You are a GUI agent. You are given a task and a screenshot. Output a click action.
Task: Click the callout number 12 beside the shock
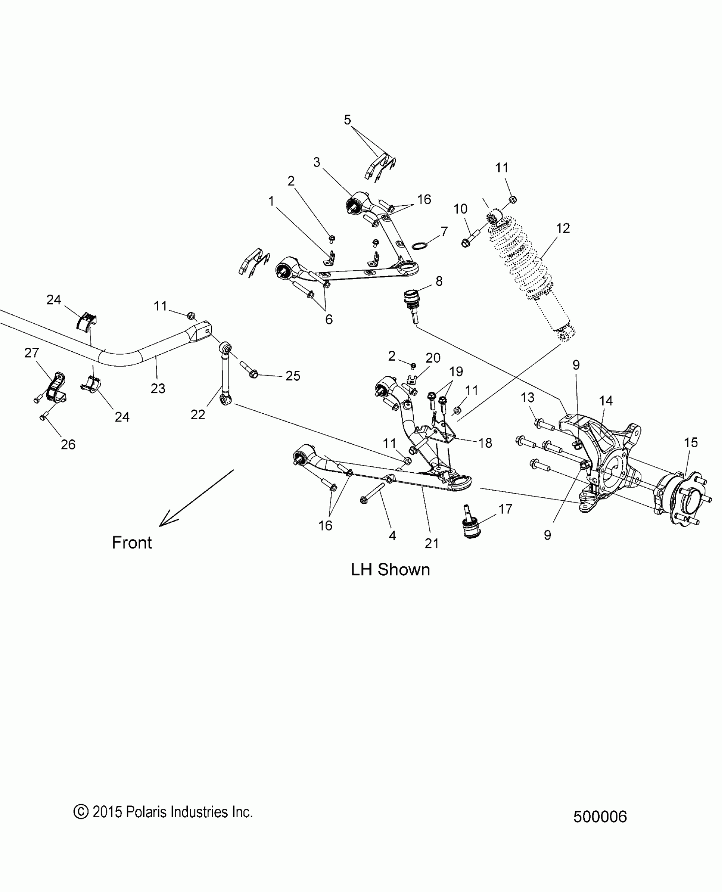[563, 229]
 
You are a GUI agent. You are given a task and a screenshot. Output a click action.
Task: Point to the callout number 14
[606, 401]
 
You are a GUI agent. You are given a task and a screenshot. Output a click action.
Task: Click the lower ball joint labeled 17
[472, 527]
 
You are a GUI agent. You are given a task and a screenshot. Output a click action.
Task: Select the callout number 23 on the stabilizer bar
[158, 388]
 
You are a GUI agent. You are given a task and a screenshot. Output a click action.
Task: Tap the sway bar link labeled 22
[225, 374]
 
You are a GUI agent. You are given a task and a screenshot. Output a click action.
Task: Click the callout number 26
[68, 444]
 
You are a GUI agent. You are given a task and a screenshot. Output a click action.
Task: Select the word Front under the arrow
[132, 543]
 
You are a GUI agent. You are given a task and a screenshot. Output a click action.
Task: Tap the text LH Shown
[390, 570]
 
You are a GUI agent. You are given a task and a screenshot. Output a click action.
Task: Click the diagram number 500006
[600, 816]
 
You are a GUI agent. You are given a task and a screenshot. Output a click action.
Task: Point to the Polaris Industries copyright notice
[163, 812]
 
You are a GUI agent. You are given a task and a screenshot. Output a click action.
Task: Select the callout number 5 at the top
[347, 120]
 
